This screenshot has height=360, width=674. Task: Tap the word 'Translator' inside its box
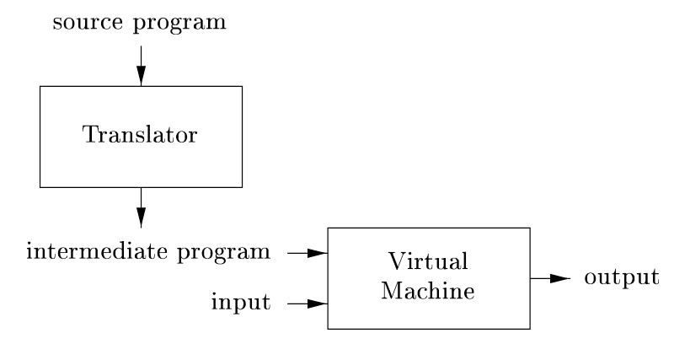141,136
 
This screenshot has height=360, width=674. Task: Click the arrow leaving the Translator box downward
141,207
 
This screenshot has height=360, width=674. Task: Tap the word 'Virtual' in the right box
428,263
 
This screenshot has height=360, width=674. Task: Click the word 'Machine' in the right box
428,291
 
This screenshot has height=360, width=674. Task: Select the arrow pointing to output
551,277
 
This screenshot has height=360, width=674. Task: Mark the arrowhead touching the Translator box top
141,77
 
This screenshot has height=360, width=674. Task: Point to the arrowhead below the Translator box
141,218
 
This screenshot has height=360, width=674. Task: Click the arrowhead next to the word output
562,277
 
